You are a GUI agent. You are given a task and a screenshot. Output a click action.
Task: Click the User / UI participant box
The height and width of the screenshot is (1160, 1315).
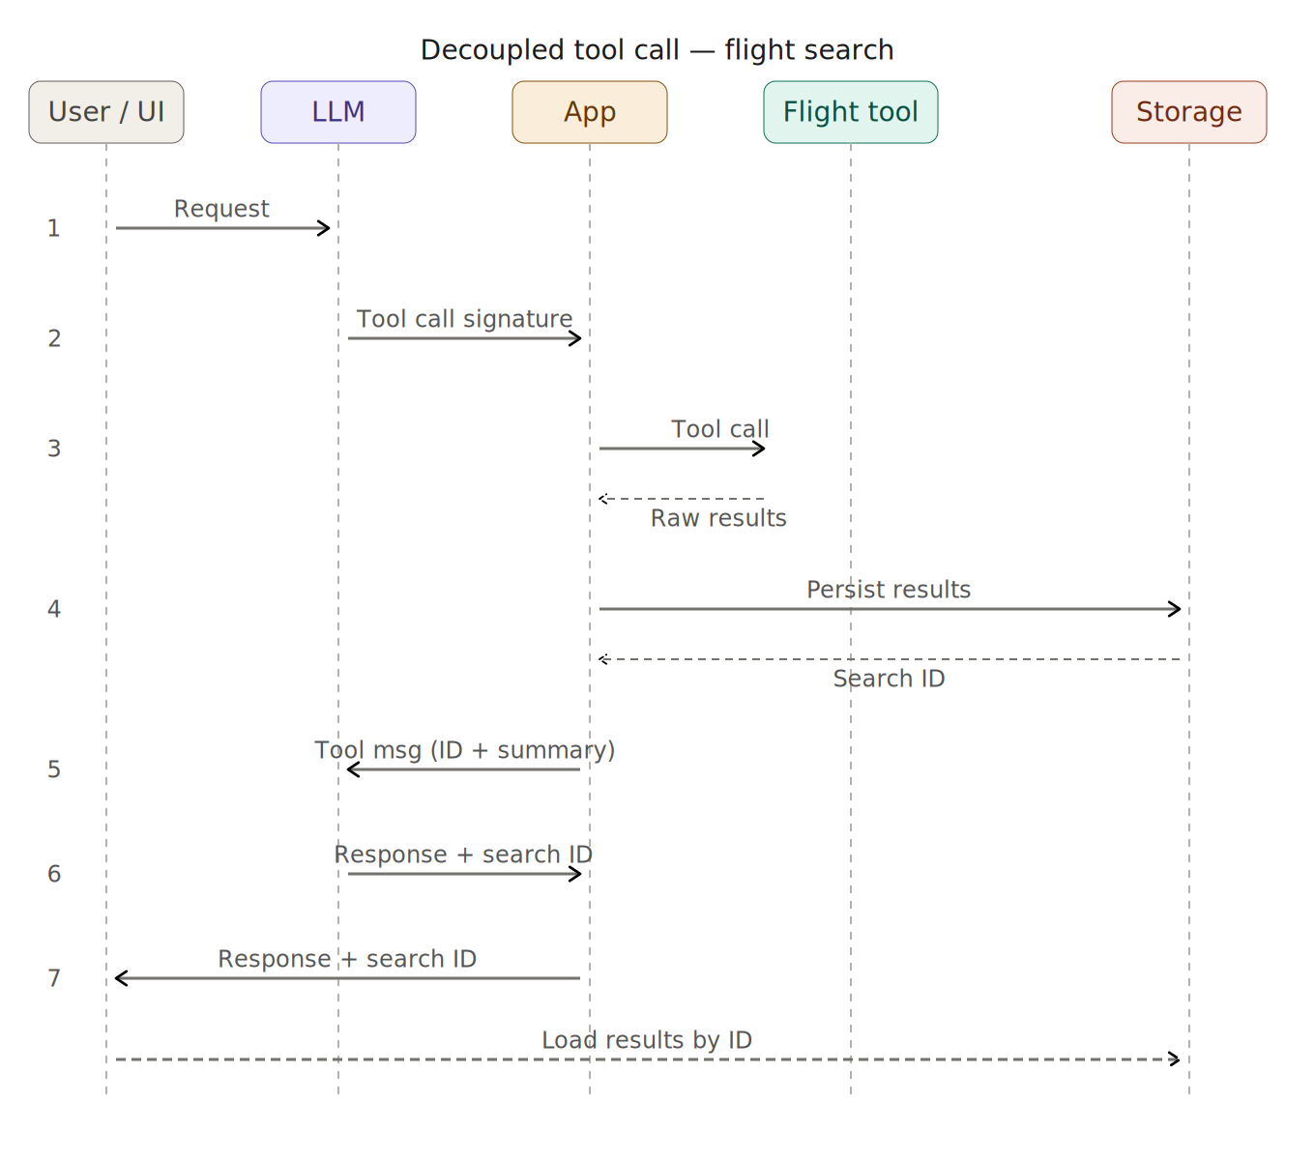point(106,112)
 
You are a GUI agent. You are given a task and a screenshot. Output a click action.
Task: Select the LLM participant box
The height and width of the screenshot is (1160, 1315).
point(338,112)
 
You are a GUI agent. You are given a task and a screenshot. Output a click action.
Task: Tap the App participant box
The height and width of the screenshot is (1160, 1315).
point(590,112)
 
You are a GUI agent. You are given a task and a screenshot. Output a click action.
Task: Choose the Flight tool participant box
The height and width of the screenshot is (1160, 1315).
point(851,112)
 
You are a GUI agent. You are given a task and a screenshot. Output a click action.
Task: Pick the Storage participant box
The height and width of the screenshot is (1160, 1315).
point(1189,112)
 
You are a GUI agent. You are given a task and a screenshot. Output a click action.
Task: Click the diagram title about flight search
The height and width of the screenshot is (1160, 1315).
point(657,50)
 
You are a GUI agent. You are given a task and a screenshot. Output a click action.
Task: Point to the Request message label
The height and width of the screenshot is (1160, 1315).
point(221,209)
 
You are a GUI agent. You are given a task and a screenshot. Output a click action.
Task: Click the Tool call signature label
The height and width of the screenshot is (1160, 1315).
point(464,319)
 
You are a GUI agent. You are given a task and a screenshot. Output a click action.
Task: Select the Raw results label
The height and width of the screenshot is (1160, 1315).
point(718,518)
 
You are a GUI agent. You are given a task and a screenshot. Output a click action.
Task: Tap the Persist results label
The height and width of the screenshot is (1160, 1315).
point(889,590)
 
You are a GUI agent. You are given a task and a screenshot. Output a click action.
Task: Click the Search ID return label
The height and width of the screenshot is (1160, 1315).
point(889,679)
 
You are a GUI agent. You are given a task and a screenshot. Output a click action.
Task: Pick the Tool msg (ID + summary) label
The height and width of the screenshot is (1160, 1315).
point(464,750)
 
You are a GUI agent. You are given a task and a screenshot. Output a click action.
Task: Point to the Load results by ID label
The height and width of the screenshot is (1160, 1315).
point(647,1040)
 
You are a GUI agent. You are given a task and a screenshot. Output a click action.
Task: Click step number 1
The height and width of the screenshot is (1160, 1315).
point(54,228)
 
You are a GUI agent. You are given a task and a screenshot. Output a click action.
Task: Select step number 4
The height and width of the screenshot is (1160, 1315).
point(54,609)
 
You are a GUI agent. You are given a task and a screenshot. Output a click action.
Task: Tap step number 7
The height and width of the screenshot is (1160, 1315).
point(54,978)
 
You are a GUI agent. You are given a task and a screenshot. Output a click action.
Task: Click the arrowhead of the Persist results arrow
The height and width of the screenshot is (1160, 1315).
point(1176,609)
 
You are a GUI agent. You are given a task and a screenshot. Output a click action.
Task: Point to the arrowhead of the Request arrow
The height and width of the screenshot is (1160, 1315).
point(325,228)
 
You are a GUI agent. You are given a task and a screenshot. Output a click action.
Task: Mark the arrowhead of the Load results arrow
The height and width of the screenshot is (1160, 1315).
point(1176,1059)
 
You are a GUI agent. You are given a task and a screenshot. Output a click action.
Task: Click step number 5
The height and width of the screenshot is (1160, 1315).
point(54,769)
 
